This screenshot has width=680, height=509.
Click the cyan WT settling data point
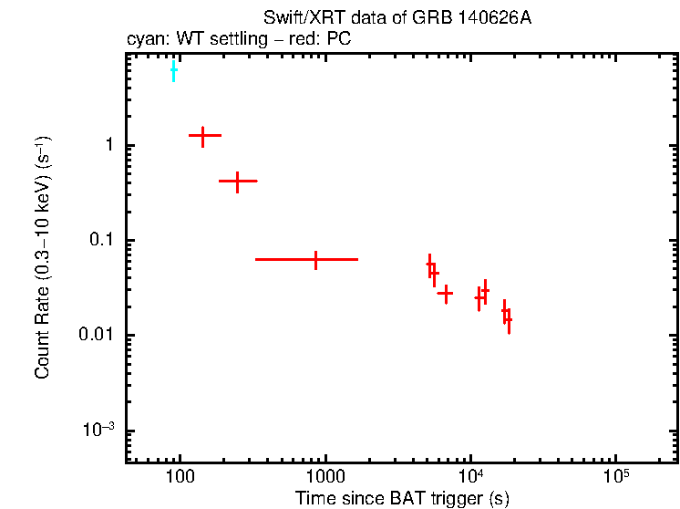pyautogui.click(x=173, y=70)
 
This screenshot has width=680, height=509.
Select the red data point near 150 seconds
pyautogui.click(x=204, y=135)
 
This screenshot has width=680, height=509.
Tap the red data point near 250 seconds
pyautogui.click(x=237, y=182)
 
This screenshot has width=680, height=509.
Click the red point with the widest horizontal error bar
pyautogui.click(x=315, y=260)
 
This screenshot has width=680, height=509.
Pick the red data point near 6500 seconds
pyautogui.click(x=445, y=294)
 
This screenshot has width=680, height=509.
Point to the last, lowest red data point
pyautogui.click(x=508, y=320)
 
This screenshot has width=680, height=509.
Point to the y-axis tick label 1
pyautogui.click(x=108, y=146)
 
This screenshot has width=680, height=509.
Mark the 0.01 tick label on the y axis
pyautogui.click(x=96, y=336)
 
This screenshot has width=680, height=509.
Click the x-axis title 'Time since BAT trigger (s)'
pyautogui.click(x=402, y=499)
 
